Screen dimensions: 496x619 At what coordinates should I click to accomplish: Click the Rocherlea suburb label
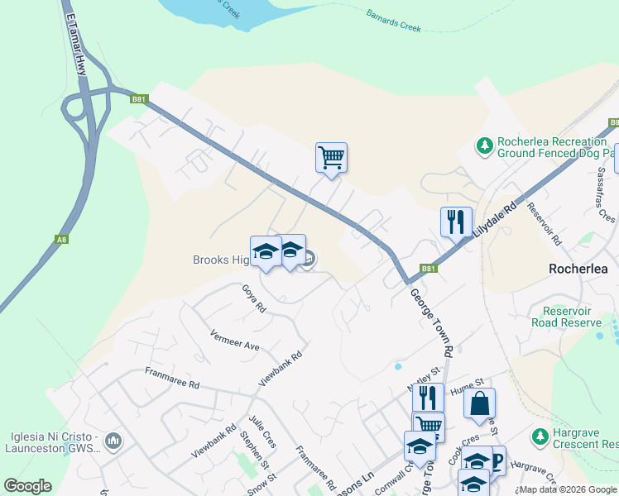pyautogui.click(x=578, y=269)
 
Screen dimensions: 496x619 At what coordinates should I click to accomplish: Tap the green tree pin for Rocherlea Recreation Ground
pyautogui.click(x=484, y=146)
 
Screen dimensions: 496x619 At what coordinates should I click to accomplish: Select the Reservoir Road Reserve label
pyautogui.click(x=570, y=317)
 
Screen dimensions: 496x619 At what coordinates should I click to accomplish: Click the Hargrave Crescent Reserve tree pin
pyautogui.click(x=541, y=436)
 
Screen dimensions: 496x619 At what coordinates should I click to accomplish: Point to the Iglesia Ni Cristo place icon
pyautogui.click(x=114, y=439)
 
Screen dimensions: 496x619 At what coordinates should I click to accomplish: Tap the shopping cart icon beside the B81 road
pyautogui.click(x=331, y=156)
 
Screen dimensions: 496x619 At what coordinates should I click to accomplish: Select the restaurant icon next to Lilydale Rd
pyautogui.click(x=456, y=222)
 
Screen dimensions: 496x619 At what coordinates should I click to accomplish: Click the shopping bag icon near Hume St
pyautogui.click(x=479, y=403)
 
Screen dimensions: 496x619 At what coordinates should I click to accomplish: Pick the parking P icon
pyautogui.click(x=497, y=460)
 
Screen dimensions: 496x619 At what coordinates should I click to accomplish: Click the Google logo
pyautogui.click(x=27, y=486)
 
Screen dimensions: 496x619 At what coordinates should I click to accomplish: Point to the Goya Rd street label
pyautogui.click(x=254, y=298)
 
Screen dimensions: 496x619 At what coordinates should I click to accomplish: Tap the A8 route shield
pyautogui.click(x=60, y=240)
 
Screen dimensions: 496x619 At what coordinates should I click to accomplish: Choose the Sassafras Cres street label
pyautogui.click(x=607, y=195)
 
